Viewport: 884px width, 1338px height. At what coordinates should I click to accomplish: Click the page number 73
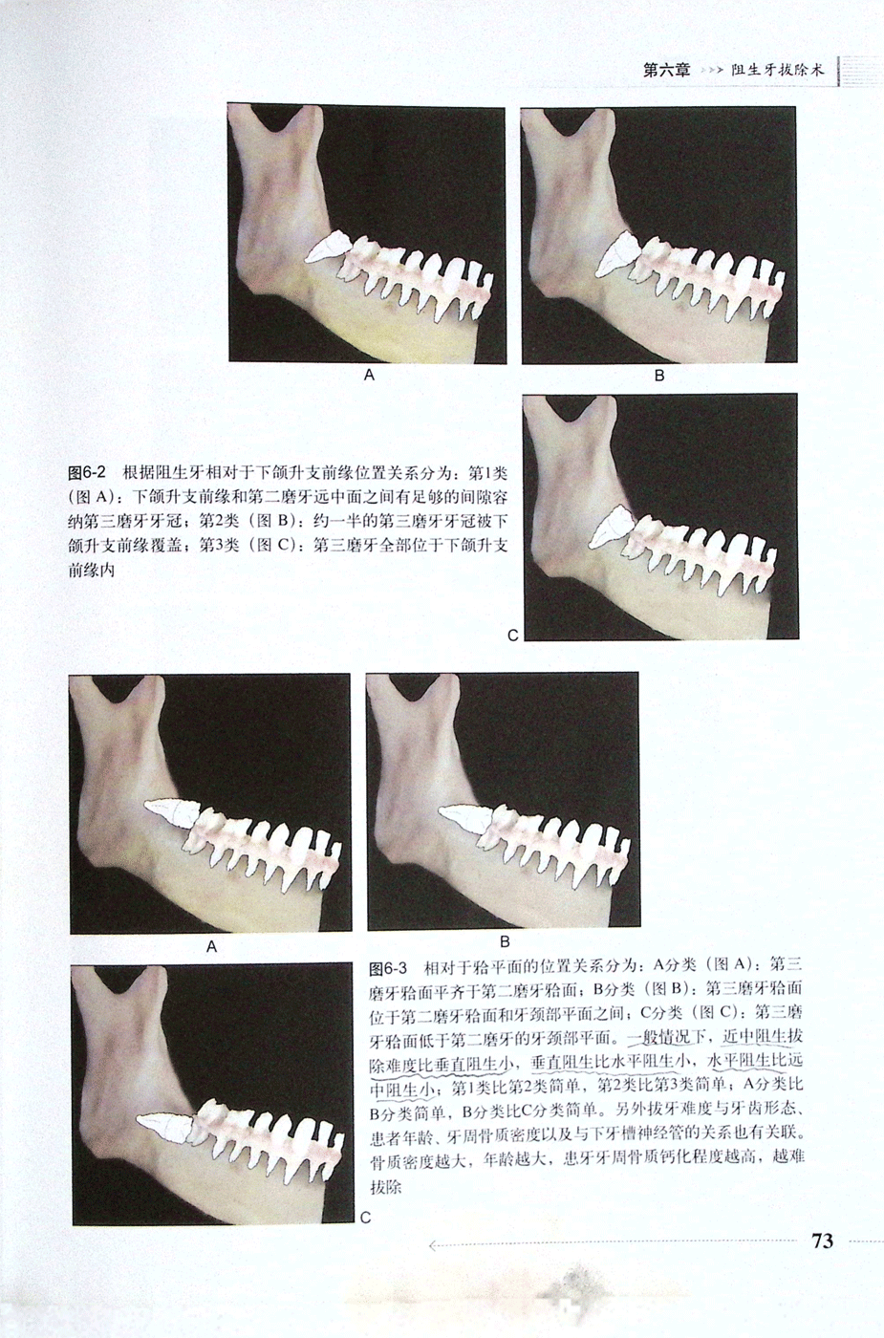click(x=822, y=1241)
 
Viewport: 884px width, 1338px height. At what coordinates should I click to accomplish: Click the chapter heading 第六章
click(x=667, y=70)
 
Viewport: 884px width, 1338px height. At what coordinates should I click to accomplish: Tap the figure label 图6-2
click(x=87, y=473)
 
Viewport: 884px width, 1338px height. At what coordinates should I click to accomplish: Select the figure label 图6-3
click(x=388, y=967)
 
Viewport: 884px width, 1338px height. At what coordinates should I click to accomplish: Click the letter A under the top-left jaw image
click(x=369, y=375)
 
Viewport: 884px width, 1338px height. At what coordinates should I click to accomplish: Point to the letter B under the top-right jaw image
click(x=659, y=376)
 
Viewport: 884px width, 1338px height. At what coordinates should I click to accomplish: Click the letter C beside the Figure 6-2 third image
click(x=512, y=636)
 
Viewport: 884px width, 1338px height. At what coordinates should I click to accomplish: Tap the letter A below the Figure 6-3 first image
click(x=211, y=947)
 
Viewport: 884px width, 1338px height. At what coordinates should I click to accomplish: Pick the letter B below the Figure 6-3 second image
click(x=505, y=942)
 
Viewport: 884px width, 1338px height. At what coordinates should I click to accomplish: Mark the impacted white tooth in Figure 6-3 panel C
click(x=165, y=1130)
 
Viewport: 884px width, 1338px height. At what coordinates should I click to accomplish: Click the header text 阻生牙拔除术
click(x=778, y=70)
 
